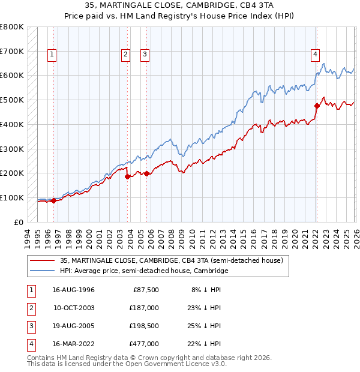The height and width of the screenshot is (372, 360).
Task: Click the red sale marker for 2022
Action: click(317, 106)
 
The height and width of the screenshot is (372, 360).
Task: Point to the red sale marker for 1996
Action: click(53, 200)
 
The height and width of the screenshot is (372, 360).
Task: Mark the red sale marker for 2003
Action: click(127, 176)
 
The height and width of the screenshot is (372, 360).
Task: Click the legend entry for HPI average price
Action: click(144, 271)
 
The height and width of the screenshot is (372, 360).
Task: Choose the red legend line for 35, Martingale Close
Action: click(42, 260)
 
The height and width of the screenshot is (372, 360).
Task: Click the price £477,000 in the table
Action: click(144, 344)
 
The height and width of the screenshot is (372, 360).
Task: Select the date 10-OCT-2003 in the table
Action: click(73, 308)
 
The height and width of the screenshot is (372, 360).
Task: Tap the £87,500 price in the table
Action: click(146, 290)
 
